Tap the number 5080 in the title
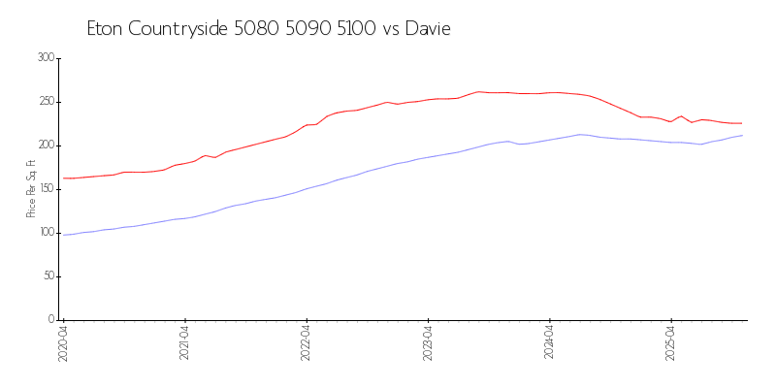coord(256,29)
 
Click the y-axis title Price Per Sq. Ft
coord(31,189)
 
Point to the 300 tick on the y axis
coord(46,58)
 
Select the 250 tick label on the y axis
coord(46,102)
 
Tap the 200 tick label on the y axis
coord(46,145)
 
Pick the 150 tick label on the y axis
coord(46,189)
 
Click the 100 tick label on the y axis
coord(46,233)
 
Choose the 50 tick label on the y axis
coord(48,276)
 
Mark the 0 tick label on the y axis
coord(51,320)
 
